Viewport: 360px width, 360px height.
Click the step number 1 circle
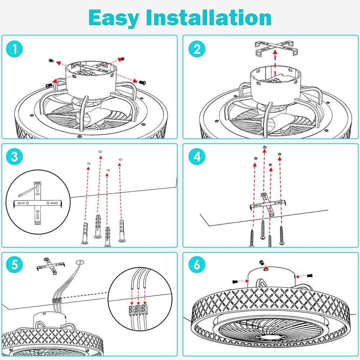(x=14, y=49)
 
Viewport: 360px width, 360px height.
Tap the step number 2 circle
(x=197, y=49)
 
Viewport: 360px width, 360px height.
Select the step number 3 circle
(x=14, y=157)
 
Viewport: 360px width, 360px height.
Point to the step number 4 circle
(x=197, y=157)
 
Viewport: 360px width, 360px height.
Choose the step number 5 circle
(x=14, y=266)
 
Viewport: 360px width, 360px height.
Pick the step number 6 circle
(x=197, y=266)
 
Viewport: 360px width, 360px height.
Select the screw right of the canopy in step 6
(x=309, y=275)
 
